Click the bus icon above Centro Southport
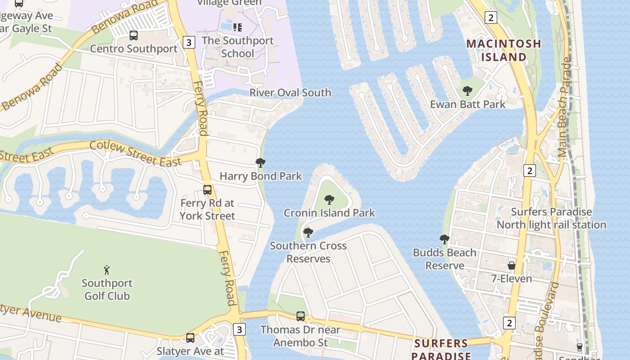click(x=133, y=36)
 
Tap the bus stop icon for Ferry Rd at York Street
click(x=207, y=190)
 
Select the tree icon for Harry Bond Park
click(x=260, y=163)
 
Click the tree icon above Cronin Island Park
click(x=329, y=200)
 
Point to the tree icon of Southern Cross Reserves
click(x=308, y=233)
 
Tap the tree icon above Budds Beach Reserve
click(x=445, y=239)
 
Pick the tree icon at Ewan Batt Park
click(x=468, y=91)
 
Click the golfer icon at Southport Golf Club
click(x=107, y=270)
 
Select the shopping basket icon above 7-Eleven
click(x=511, y=265)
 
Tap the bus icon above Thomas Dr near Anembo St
click(x=301, y=316)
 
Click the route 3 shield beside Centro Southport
click(x=189, y=43)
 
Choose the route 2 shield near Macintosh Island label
click(x=490, y=18)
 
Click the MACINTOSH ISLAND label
click(x=504, y=50)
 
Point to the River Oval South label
click(x=290, y=93)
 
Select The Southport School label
click(x=238, y=47)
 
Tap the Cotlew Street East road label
click(x=135, y=153)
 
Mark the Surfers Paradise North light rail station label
click(x=551, y=218)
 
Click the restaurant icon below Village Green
click(x=238, y=27)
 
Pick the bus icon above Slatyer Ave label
click(x=190, y=337)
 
